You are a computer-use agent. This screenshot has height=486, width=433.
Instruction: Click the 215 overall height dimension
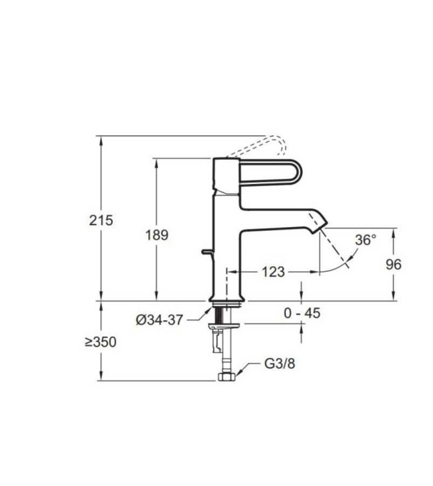(x=102, y=220)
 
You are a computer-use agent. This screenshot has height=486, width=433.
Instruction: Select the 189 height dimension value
(x=156, y=235)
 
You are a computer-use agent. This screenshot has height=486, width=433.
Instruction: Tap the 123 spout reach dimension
(x=273, y=272)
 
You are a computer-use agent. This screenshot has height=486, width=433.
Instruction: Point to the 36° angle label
(x=365, y=240)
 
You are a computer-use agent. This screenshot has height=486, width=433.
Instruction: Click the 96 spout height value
(x=394, y=264)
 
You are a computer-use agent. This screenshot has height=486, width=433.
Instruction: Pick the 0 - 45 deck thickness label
(x=301, y=312)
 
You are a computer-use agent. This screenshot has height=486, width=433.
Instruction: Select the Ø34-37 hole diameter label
(x=159, y=320)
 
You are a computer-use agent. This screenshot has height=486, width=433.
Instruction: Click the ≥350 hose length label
(x=100, y=342)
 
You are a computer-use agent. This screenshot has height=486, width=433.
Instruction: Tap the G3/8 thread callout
(x=280, y=363)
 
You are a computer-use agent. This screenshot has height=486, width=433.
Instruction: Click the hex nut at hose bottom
(x=227, y=377)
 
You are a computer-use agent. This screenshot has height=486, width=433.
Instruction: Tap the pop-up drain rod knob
(x=204, y=251)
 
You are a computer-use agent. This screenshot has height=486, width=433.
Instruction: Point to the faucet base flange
(x=226, y=299)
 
